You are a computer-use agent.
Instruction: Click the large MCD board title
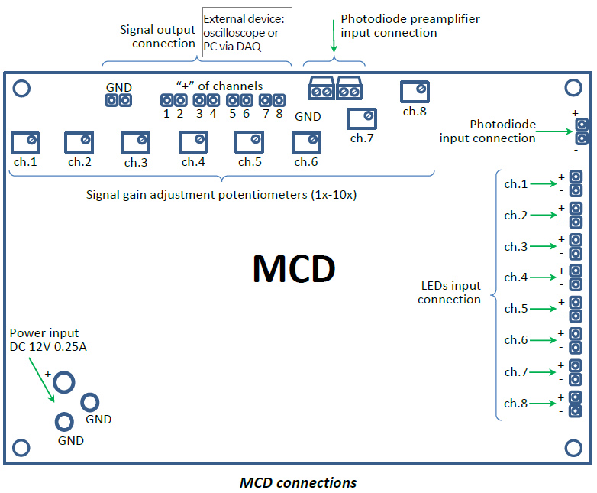click(x=294, y=268)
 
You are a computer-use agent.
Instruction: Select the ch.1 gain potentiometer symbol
click(x=25, y=142)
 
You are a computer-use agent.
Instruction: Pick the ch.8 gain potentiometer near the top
click(x=415, y=92)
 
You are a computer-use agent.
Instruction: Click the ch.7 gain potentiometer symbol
click(x=361, y=118)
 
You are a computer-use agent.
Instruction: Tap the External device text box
click(x=247, y=32)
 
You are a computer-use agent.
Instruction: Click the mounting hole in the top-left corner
click(x=22, y=89)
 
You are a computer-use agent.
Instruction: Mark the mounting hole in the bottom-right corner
click(x=573, y=446)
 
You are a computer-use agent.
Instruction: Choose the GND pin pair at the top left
click(x=118, y=100)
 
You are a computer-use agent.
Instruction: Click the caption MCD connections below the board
click(x=298, y=483)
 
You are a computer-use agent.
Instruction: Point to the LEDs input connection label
click(x=450, y=292)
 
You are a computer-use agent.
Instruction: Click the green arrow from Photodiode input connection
click(x=554, y=131)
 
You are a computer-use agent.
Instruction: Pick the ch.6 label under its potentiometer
click(x=305, y=162)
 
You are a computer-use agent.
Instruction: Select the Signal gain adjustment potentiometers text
click(x=221, y=194)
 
